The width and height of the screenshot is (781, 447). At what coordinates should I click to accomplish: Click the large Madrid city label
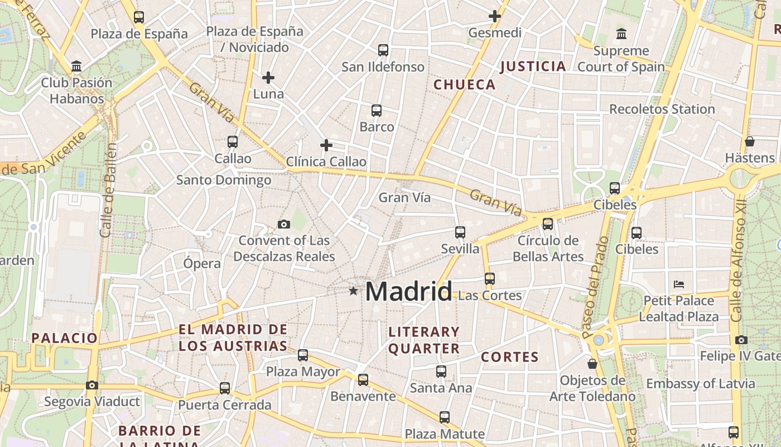408,291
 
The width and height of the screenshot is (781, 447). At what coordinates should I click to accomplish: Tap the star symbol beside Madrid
353,291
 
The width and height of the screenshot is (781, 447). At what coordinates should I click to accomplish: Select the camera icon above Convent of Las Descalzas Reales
284,225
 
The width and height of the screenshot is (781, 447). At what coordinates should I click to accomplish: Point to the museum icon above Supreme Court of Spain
621,34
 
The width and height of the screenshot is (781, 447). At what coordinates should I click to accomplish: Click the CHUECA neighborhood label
465,84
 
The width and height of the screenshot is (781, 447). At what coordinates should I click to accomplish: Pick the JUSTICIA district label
533,66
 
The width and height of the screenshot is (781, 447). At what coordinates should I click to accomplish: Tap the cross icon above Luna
268,78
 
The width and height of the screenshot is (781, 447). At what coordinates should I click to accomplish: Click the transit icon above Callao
233,142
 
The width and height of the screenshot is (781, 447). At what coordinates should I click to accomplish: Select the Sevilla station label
460,249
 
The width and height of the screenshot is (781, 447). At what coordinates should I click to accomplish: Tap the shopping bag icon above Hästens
750,141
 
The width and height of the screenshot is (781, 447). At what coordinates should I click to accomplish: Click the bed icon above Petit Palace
679,284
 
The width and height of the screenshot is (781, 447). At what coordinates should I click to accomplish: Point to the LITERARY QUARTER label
424,340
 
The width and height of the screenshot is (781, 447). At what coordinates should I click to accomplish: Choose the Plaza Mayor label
303,372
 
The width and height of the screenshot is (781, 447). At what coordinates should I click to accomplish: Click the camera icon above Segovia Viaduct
92,385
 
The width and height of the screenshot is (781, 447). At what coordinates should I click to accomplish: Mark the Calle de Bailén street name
109,190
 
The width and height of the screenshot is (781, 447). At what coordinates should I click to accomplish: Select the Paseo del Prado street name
596,288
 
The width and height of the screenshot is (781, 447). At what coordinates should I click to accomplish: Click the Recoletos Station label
662,109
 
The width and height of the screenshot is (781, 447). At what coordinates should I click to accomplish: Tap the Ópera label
202,263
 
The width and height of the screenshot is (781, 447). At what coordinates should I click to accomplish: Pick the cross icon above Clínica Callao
326,146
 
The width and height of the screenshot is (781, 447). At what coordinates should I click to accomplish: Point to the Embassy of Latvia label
701,384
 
